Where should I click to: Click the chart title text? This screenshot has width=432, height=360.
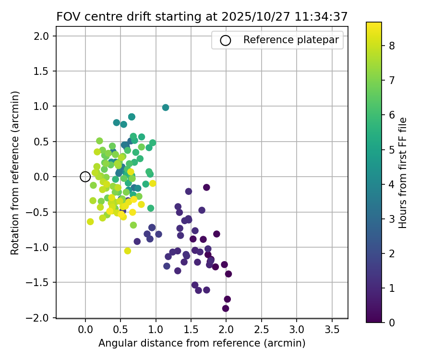202,16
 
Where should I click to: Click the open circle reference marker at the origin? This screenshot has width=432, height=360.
85,177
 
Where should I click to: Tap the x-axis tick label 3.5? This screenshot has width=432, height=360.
332,330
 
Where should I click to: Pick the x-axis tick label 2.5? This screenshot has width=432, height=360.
261,330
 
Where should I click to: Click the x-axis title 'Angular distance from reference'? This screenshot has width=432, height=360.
202,344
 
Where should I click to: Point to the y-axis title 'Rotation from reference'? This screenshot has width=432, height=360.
15,173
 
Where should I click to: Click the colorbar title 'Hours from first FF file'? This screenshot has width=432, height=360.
403,173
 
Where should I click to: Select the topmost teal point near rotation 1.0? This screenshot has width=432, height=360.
166,108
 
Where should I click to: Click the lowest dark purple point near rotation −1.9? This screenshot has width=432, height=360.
226,308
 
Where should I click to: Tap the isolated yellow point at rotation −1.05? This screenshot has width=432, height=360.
128,251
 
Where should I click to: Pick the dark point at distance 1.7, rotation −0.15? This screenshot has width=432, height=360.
206,187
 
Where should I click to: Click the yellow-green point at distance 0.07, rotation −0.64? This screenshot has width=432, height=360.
90,221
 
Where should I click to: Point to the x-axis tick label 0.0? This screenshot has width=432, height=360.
85,330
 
